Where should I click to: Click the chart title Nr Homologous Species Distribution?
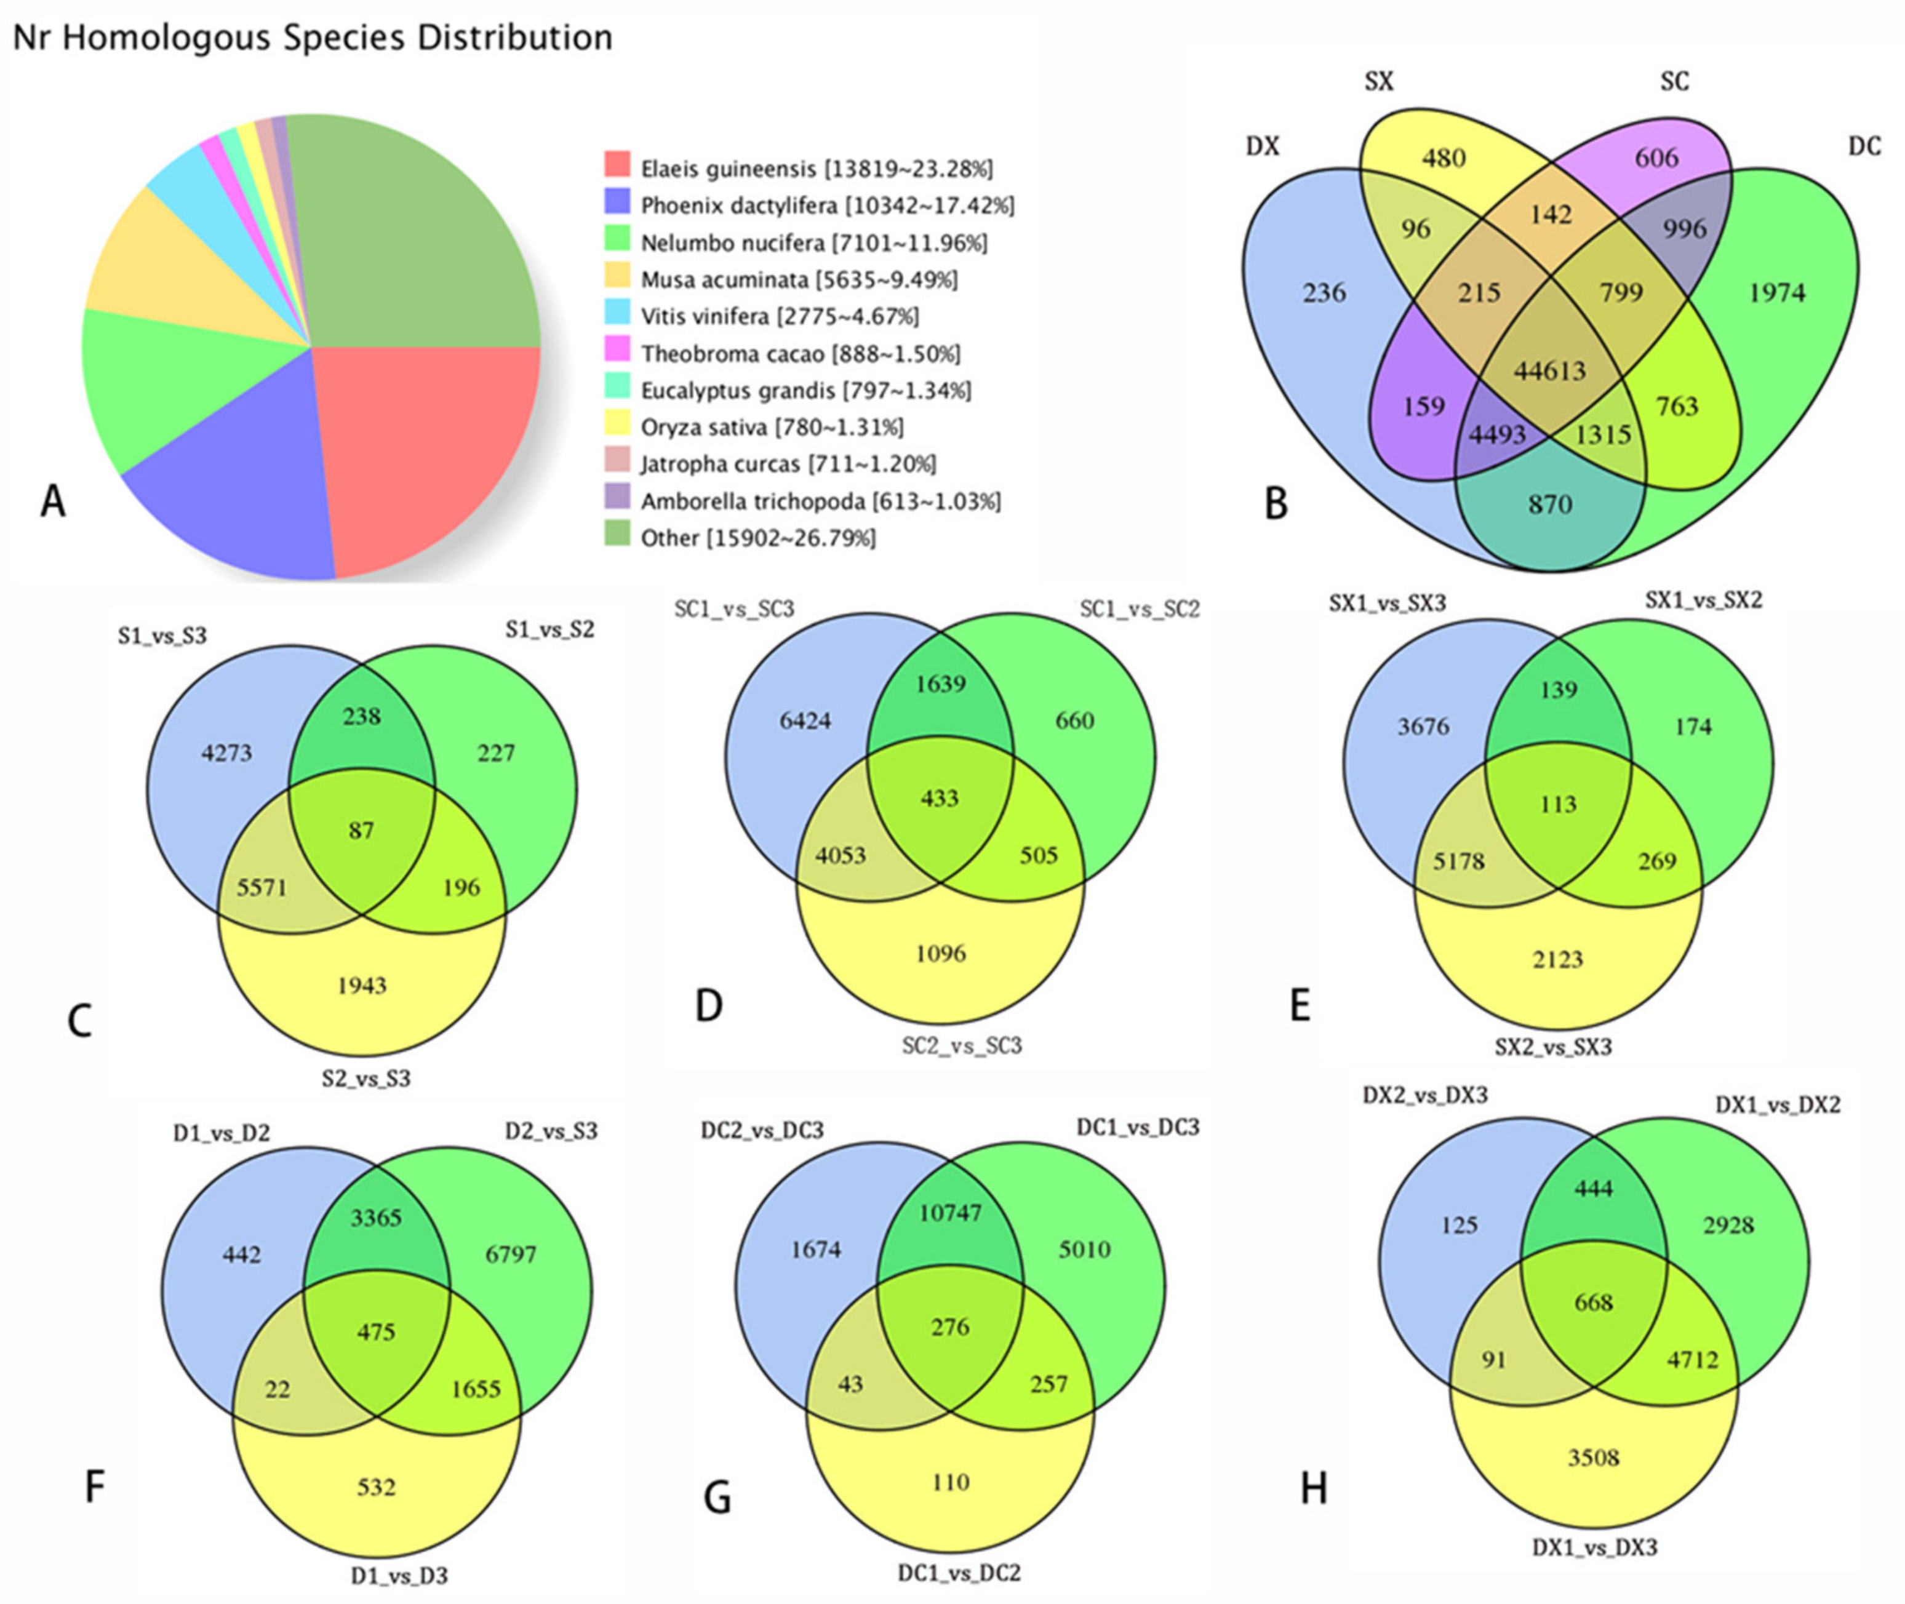pyautogui.click(x=313, y=38)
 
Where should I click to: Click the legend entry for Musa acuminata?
pyautogui.click(x=799, y=280)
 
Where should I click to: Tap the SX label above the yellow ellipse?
pyautogui.click(x=1378, y=82)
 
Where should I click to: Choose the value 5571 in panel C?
pyautogui.click(x=262, y=887)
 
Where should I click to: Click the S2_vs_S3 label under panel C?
pyautogui.click(x=365, y=1079)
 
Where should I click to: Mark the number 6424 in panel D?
pyautogui.click(x=805, y=721)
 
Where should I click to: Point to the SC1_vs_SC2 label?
pyautogui.click(x=1140, y=609)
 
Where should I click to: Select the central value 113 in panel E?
pyautogui.click(x=1557, y=804)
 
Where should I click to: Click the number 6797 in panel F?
pyautogui.click(x=511, y=1254)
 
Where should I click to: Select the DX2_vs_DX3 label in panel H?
pyautogui.click(x=1425, y=1096)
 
